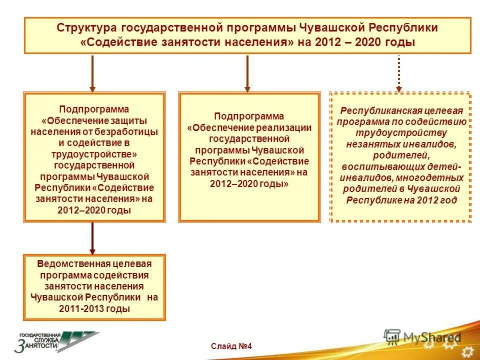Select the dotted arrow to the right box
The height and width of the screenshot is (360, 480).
[x=398, y=73]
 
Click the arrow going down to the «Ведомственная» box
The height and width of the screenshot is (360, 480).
[x=92, y=238]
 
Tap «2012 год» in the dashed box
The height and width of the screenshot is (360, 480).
[x=439, y=200]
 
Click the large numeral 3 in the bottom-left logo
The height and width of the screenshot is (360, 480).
[x=20, y=345]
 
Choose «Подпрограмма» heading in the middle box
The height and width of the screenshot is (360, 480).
[x=249, y=116]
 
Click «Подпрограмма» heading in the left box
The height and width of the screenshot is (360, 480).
[x=94, y=109]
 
